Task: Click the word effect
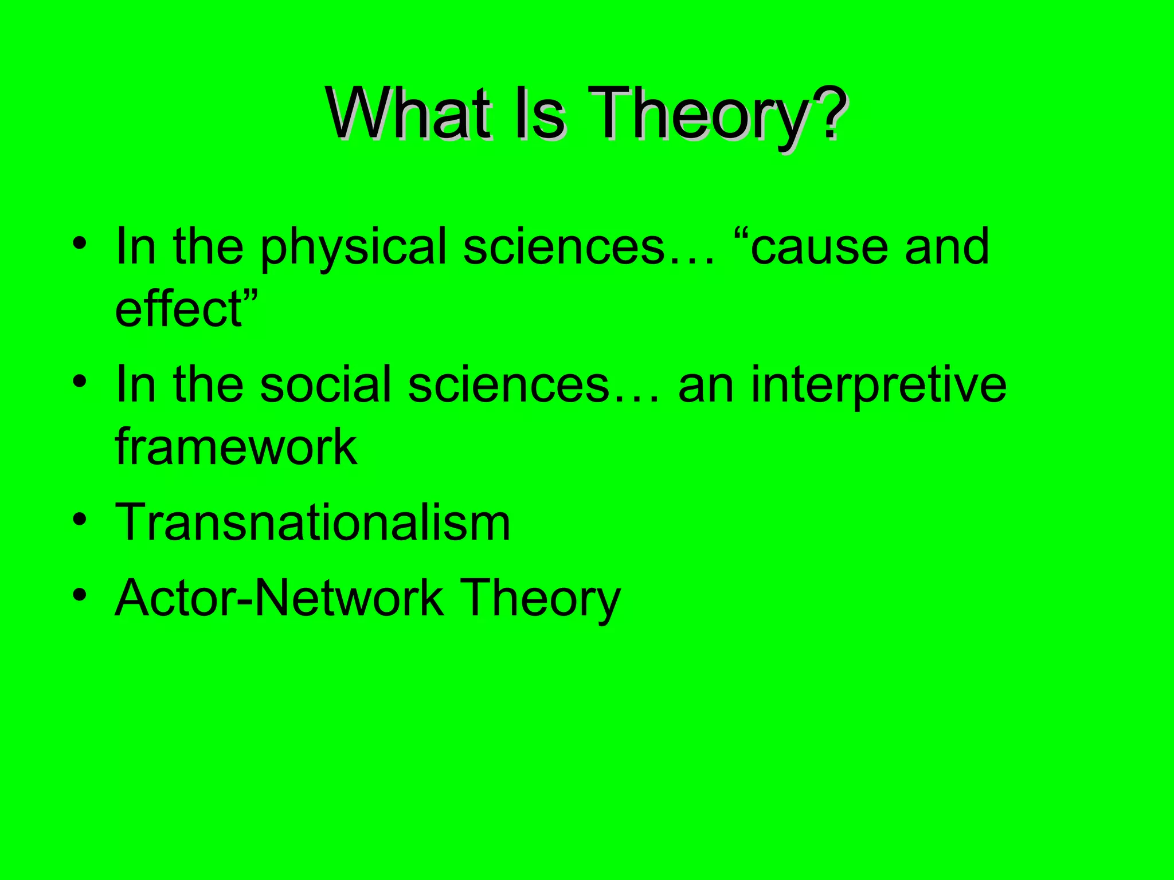tap(180, 309)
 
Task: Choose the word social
tap(326, 384)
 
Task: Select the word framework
tap(236, 446)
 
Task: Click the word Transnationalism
tap(312, 522)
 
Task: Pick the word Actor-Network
tap(279, 598)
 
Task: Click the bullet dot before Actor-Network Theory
tap(80, 596)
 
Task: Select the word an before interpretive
tap(706, 386)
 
